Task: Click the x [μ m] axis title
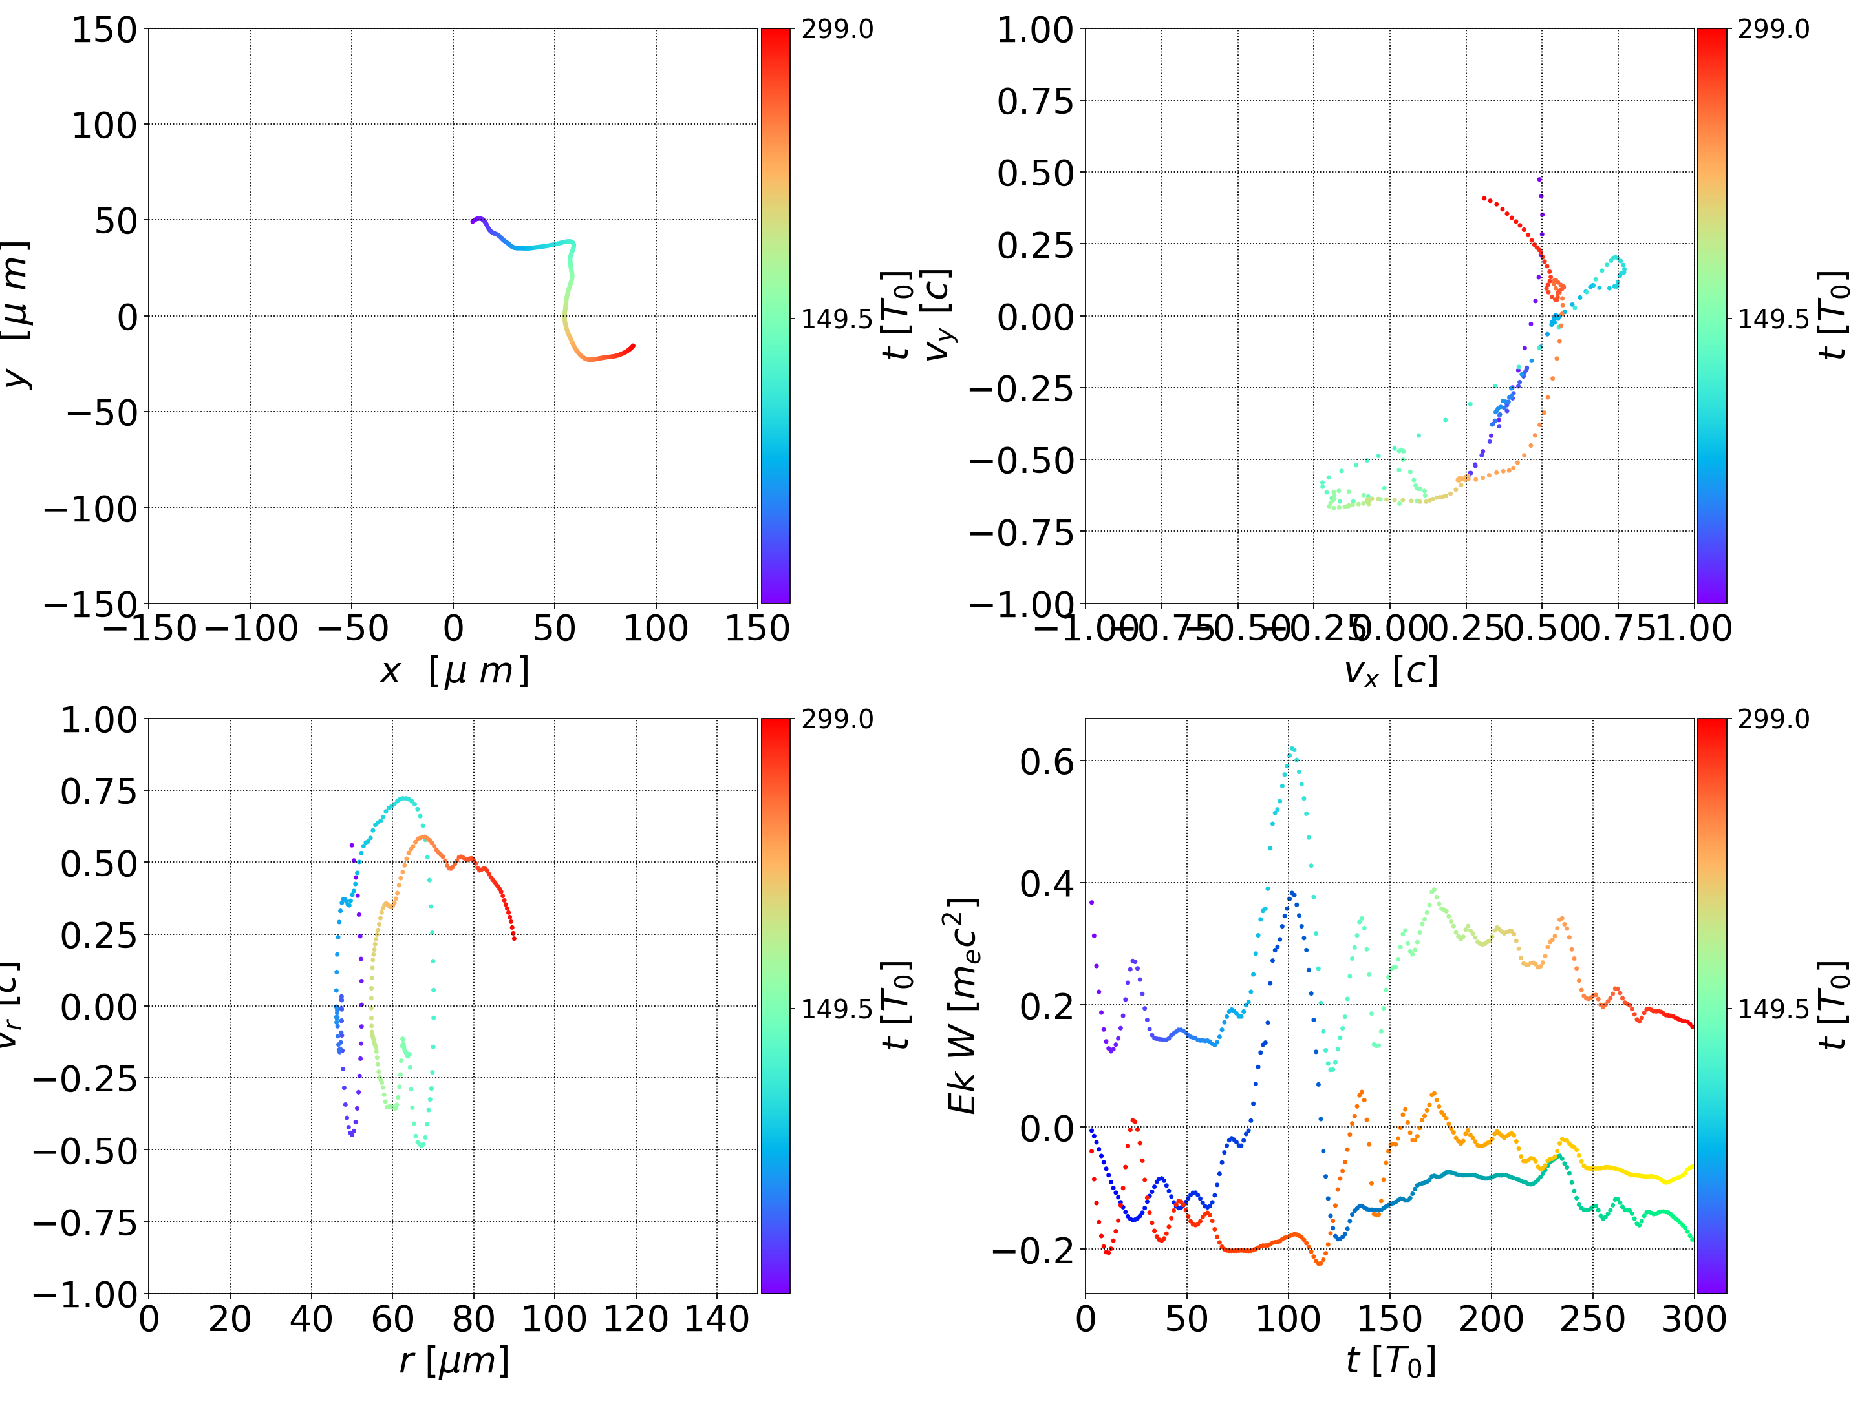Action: click(x=455, y=671)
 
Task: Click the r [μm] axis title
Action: click(x=455, y=1361)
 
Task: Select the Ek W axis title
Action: click(x=963, y=1005)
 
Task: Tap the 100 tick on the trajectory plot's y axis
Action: click(x=103, y=125)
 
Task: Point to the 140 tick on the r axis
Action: click(x=716, y=1319)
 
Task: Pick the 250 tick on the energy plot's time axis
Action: click(x=1592, y=1319)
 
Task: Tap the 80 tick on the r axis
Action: click(x=473, y=1319)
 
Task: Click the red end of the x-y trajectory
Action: click(x=633, y=345)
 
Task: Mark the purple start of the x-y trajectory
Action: click(x=473, y=221)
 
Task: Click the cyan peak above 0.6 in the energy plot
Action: click(x=1292, y=748)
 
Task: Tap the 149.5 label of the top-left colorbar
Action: click(x=836, y=319)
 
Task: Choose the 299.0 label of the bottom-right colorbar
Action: click(x=1773, y=719)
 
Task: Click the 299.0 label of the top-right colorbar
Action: click(x=1773, y=30)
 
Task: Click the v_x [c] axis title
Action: click(x=1391, y=671)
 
